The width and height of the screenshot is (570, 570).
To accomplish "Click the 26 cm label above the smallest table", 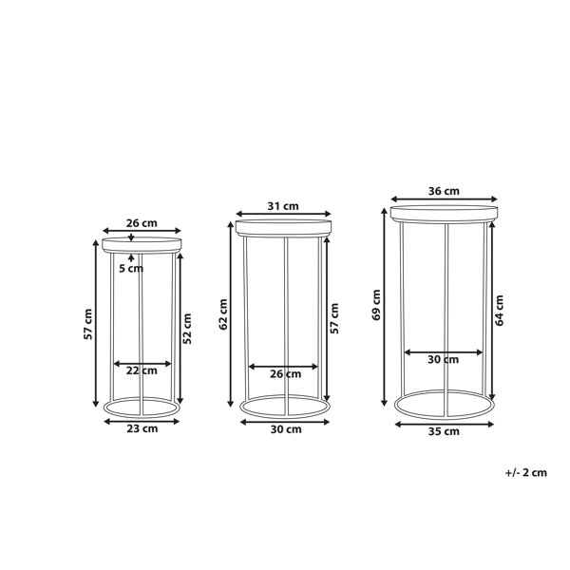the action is (142, 223).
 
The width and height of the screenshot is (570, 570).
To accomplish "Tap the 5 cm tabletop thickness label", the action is (131, 269).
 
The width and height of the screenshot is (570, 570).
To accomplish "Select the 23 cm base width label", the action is (142, 428).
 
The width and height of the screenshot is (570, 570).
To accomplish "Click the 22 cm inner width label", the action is (142, 370).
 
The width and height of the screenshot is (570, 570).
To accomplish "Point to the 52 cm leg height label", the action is (187, 329).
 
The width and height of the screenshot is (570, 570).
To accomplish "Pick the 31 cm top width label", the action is (283, 206).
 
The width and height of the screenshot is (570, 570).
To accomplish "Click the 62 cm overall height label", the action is (223, 314).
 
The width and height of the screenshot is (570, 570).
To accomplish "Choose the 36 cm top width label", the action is (444, 191).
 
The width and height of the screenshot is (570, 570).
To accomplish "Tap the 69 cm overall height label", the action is (376, 305).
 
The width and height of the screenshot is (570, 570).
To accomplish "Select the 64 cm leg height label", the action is (499, 310).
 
